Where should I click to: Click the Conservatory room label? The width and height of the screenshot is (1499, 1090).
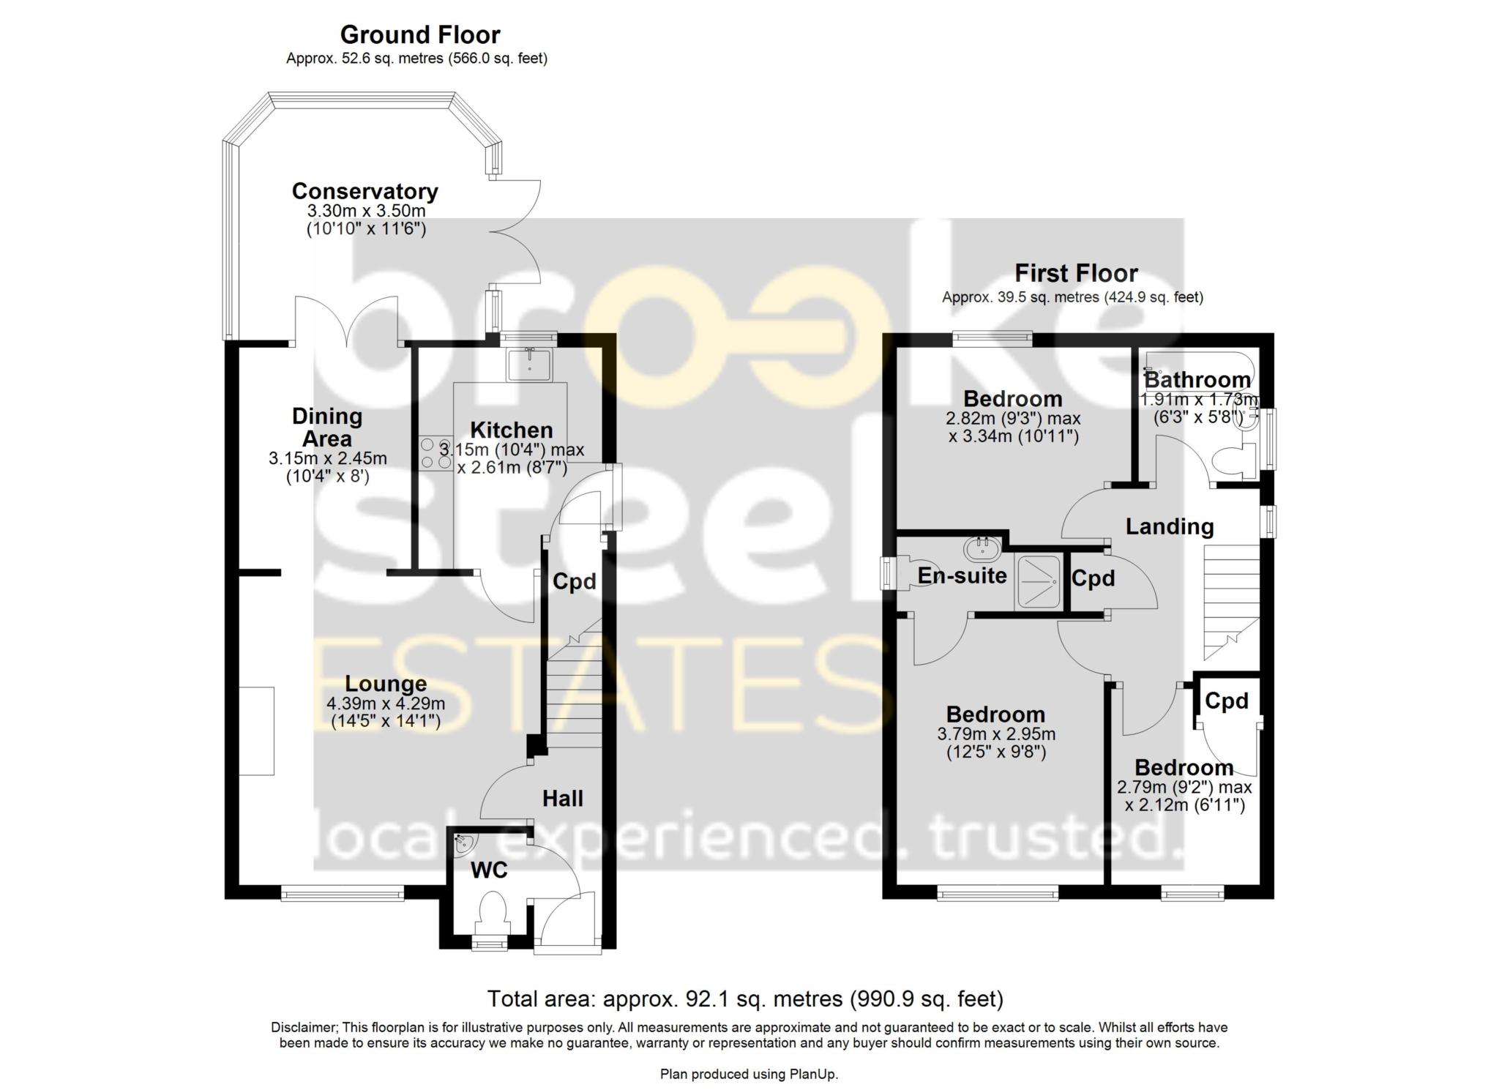(365, 191)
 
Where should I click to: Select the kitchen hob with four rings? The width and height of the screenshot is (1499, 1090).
(435, 453)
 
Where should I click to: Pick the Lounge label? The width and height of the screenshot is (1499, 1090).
(386, 684)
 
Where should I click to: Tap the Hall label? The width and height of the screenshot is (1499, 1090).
(562, 798)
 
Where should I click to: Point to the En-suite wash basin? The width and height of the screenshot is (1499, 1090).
(982, 548)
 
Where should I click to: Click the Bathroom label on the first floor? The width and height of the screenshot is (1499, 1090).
(1197, 380)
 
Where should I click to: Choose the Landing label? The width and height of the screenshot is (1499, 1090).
(1169, 526)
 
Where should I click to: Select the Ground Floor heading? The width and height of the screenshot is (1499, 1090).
(420, 34)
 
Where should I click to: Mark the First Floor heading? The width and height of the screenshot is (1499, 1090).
(1076, 273)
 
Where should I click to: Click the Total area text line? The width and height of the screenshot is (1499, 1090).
(745, 998)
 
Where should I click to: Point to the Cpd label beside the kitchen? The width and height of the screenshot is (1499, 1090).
(574, 581)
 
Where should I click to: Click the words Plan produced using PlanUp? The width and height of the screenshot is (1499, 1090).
(749, 1075)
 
